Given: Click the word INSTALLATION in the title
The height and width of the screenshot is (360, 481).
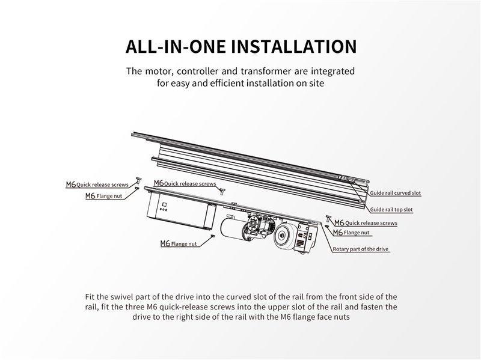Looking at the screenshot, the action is click(x=293, y=46).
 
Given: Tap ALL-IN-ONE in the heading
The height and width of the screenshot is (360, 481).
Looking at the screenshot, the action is click(x=176, y=46).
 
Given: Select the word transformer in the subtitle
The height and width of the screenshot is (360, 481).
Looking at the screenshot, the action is click(x=266, y=71).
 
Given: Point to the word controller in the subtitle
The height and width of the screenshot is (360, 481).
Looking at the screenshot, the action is click(x=198, y=72).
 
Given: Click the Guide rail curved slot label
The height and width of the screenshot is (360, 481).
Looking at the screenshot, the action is click(x=396, y=193).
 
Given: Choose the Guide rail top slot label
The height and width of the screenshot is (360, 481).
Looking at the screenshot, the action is click(x=391, y=209).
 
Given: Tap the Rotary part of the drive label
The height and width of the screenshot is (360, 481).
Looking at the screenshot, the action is click(x=361, y=249).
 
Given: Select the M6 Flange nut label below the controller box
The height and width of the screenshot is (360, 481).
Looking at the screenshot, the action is click(x=179, y=243).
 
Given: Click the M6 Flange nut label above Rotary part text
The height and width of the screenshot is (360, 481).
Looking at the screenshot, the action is click(x=351, y=233).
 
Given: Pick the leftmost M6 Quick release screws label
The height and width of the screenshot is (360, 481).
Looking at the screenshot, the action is click(x=97, y=185).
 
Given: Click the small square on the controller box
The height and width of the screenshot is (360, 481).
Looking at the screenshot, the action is click(x=164, y=204).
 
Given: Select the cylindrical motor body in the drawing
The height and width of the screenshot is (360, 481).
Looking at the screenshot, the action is click(x=231, y=229).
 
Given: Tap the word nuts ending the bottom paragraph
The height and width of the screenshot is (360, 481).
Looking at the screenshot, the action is click(x=342, y=317).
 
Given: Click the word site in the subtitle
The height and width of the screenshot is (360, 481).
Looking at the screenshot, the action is click(x=317, y=83).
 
